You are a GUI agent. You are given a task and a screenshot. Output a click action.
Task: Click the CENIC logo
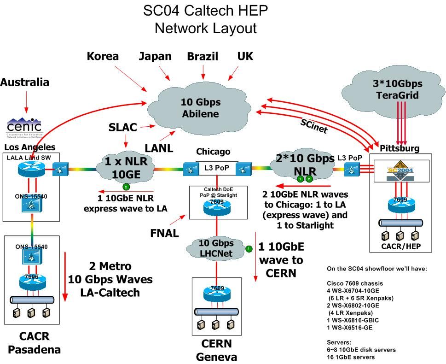click(x=24, y=127)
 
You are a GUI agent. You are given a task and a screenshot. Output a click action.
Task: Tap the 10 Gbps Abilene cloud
click(x=200, y=108)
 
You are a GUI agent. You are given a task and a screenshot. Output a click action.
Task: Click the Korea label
click(x=103, y=56)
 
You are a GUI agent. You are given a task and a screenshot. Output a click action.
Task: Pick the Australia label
click(x=24, y=82)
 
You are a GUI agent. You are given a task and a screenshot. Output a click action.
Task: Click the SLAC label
click(x=123, y=127)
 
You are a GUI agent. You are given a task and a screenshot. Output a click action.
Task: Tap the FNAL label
click(x=164, y=233)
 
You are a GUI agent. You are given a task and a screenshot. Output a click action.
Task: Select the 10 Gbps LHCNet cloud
click(x=216, y=248)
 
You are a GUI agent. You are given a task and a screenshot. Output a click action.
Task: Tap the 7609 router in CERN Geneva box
click(x=216, y=294)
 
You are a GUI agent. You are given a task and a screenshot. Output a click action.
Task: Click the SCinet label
click(x=313, y=126)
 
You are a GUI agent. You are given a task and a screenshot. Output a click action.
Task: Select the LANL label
click(x=159, y=148)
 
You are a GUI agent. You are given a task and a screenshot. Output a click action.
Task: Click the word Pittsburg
click(x=400, y=148)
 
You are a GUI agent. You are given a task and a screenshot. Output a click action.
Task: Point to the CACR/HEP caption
click(x=400, y=247)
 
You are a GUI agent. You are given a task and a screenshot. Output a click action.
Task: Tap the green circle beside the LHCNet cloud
click(x=249, y=249)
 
